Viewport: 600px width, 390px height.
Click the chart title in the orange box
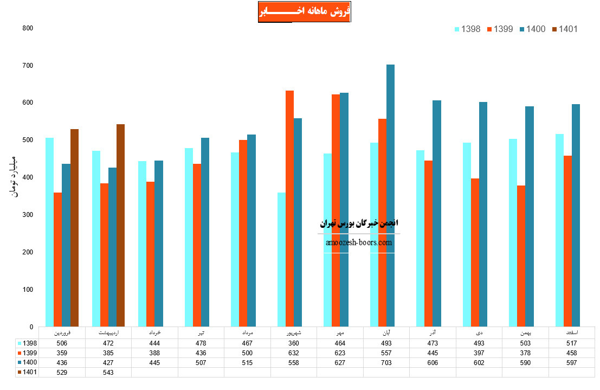pos(305,11)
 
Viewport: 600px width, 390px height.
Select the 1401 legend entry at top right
pos(564,29)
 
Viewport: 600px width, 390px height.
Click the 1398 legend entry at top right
pos(467,29)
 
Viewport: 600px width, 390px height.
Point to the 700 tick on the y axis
pos(27,66)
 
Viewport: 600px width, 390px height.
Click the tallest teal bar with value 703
pos(390,195)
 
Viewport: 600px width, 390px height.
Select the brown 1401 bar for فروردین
pos(74,228)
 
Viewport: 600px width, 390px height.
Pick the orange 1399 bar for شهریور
pos(290,209)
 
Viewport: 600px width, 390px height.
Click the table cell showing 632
pos(293,353)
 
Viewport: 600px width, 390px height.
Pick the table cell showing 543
pos(108,372)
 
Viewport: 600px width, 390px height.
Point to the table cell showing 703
pos(386,362)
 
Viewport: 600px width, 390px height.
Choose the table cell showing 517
pos(571,343)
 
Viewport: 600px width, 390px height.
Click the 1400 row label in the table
pos(28,362)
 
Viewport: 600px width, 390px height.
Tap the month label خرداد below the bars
pos(154,331)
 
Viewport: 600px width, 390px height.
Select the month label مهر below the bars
pos(339,331)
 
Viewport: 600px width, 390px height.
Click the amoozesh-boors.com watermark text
pos(359,243)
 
